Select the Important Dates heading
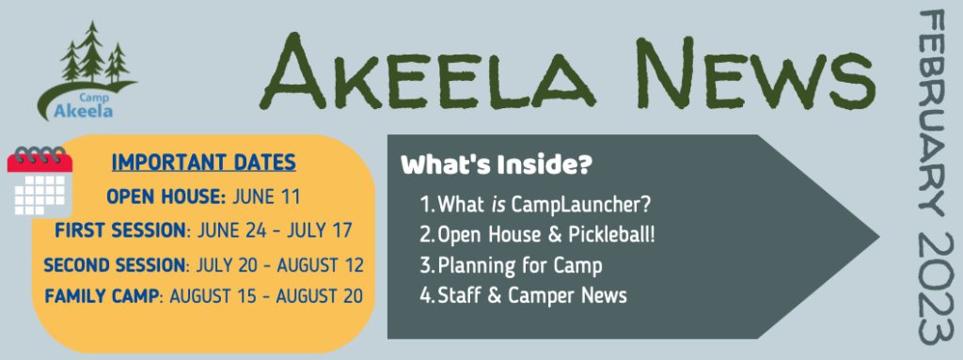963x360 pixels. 203,163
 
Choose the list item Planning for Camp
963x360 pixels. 523,265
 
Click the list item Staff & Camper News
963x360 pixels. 535,296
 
